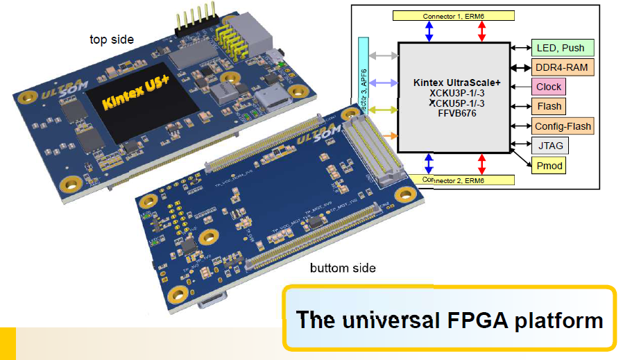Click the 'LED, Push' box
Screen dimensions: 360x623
pyautogui.click(x=561, y=48)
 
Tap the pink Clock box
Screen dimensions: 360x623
pyautogui.click(x=548, y=87)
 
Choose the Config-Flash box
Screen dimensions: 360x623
pyautogui.click(x=563, y=126)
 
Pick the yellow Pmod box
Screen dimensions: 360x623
pyautogui.click(x=549, y=166)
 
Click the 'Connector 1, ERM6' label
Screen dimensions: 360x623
pyautogui.click(x=454, y=15)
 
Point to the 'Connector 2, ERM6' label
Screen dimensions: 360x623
pyautogui.click(x=454, y=180)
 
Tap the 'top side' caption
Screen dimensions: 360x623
pyautogui.click(x=112, y=39)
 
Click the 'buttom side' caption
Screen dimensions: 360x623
pyautogui.click(x=342, y=268)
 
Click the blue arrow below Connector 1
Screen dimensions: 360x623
pyautogui.click(x=429, y=31)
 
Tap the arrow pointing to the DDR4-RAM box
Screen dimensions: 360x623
pyautogui.click(x=522, y=68)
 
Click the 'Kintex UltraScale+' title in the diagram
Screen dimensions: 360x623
pyautogui.click(x=456, y=83)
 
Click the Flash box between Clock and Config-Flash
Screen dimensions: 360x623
pyautogui.click(x=549, y=106)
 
